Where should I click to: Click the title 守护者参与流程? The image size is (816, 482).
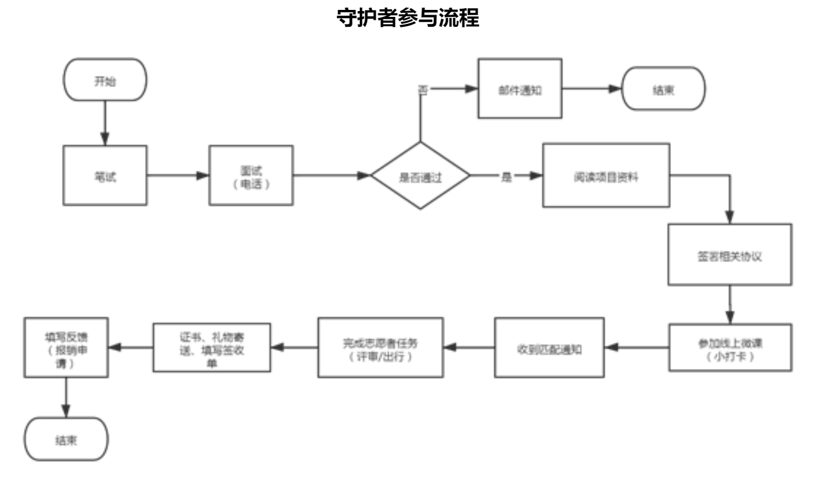coord(408,19)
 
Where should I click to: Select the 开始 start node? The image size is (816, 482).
coord(105,80)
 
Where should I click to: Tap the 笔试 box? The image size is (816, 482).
coord(105,175)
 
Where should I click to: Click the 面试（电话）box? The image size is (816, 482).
coord(251,175)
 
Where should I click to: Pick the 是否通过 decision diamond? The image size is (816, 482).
coord(421,175)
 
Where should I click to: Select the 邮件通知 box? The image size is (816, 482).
coord(520,89)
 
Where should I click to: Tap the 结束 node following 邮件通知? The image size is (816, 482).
coord(663,89)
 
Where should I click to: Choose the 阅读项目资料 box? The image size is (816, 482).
coord(605,175)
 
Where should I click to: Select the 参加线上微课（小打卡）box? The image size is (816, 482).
coord(730,348)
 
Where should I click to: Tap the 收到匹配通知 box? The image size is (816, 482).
coord(549,348)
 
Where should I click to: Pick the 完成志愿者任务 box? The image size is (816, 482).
coord(380,348)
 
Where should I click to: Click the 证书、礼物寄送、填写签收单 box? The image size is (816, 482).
coord(212,348)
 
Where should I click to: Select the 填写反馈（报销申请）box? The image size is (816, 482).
coord(66,348)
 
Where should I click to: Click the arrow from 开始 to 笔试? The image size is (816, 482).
coord(105,122)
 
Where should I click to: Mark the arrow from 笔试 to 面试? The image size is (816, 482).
coord(178,175)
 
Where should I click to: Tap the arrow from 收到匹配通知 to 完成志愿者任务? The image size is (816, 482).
coord(468,348)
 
